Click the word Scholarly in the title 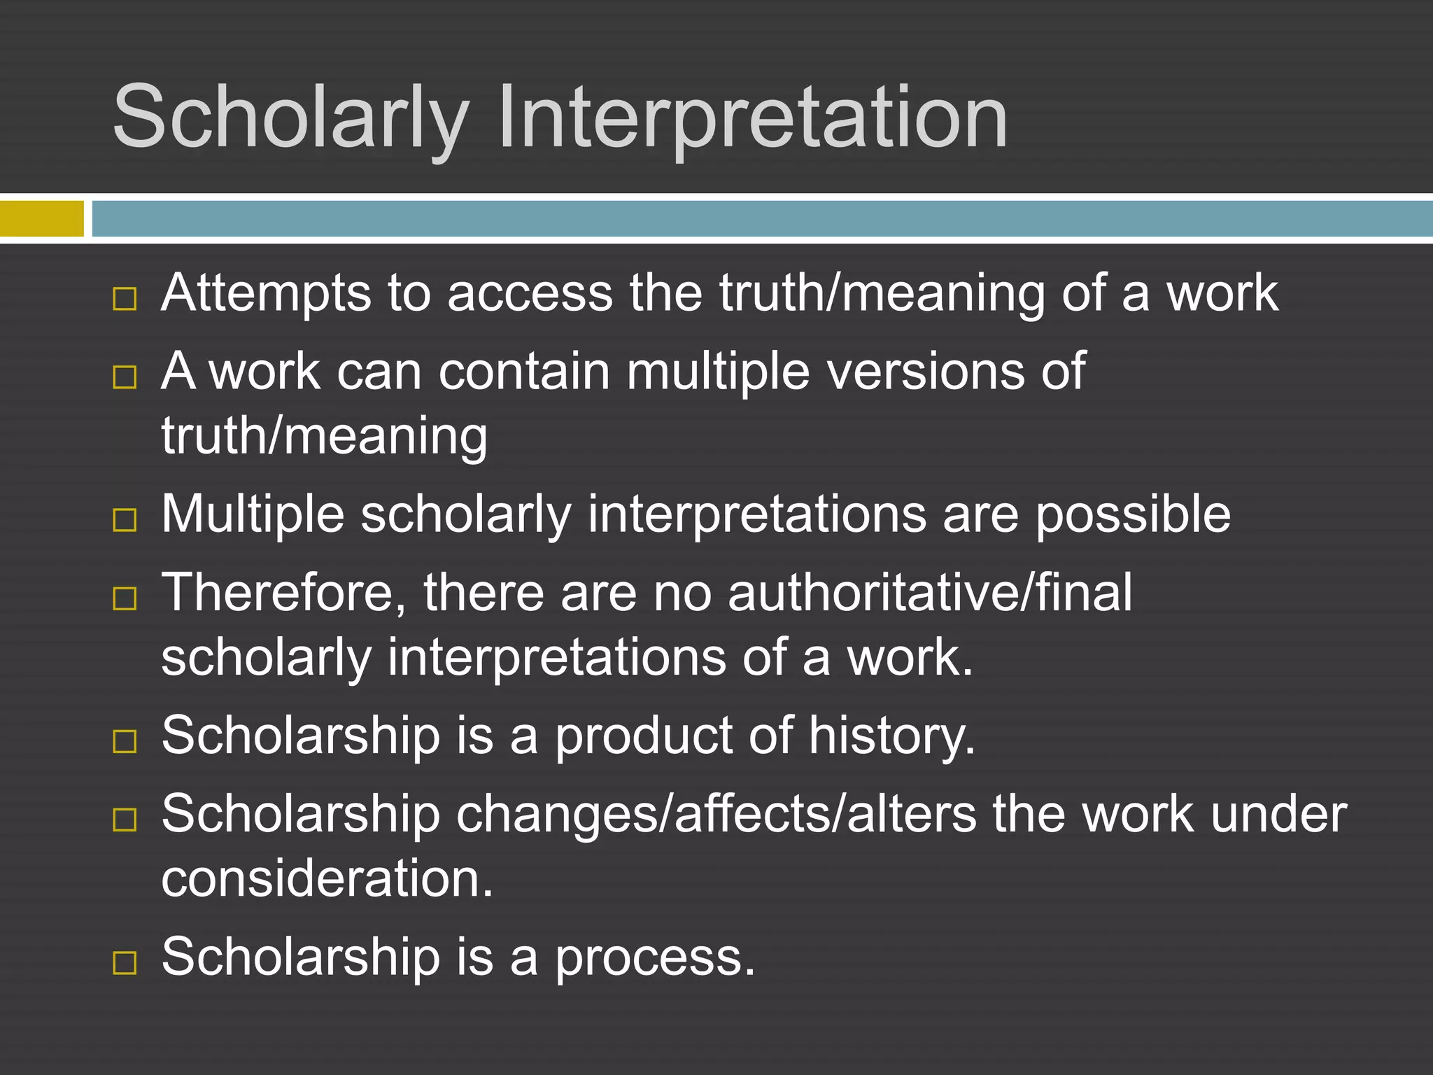pos(290,118)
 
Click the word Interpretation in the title pos(752,118)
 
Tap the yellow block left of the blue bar pos(41,218)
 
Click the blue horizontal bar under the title pos(761,218)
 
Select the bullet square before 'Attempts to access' pos(125,299)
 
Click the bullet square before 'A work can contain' pos(125,377)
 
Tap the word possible pos(1133,515)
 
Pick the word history pos(891,737)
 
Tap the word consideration pos(327,879)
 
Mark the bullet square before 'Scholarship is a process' pos(125,963)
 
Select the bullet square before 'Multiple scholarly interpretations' pos(125,520)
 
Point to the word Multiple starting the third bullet pos(253,515)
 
